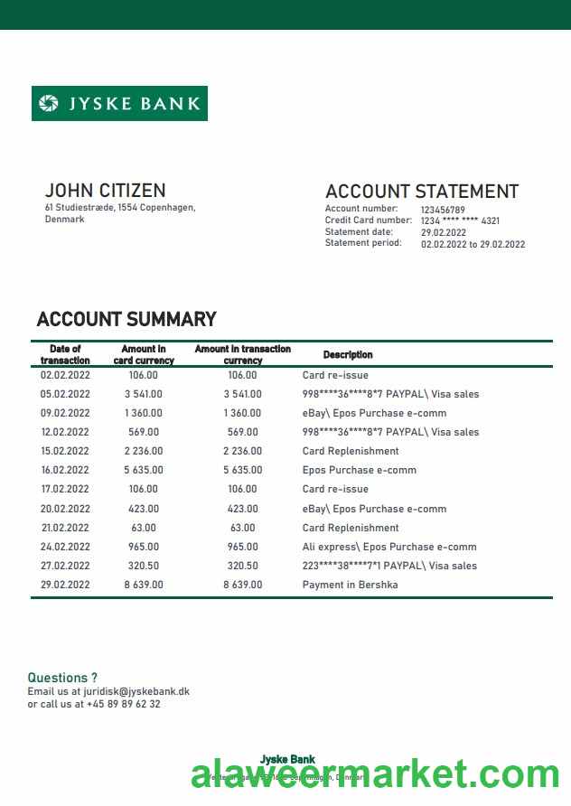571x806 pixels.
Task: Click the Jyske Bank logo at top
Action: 119,103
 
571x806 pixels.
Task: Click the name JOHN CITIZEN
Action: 105,191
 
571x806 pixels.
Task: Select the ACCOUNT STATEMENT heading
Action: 421,192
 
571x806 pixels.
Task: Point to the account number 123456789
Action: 443,210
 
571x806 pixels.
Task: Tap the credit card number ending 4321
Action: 460,220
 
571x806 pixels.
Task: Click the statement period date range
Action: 473,244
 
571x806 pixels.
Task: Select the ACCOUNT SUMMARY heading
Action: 126,319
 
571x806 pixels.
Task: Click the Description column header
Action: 348,355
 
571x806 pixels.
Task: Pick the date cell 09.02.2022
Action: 65,413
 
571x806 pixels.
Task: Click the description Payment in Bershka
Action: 350,585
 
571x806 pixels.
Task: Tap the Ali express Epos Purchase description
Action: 388,547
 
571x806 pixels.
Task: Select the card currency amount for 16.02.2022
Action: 144,470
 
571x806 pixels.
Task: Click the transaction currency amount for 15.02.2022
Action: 242,451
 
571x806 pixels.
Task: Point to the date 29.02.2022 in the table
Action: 65,585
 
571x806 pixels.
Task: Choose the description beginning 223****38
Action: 389,566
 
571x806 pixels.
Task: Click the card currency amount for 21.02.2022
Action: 144,528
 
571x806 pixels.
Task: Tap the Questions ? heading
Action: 62,677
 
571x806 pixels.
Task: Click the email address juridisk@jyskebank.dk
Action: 136,691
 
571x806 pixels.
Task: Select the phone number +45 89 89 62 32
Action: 124,704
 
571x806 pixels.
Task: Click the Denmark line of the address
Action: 64,220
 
